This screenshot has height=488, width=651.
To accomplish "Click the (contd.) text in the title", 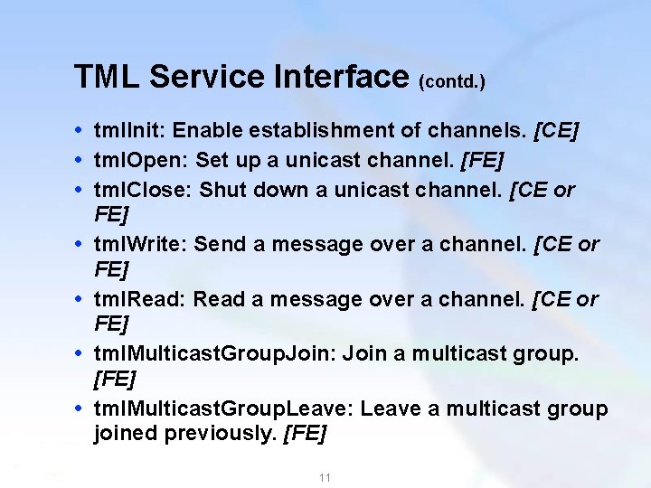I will click(x=452, y=82).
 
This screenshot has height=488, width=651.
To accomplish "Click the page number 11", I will click(x=325, y=477).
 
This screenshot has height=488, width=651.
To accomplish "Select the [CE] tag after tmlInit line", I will click(x=557, y=132).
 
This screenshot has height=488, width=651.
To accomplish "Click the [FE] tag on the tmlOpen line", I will click(x=482, y=161).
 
